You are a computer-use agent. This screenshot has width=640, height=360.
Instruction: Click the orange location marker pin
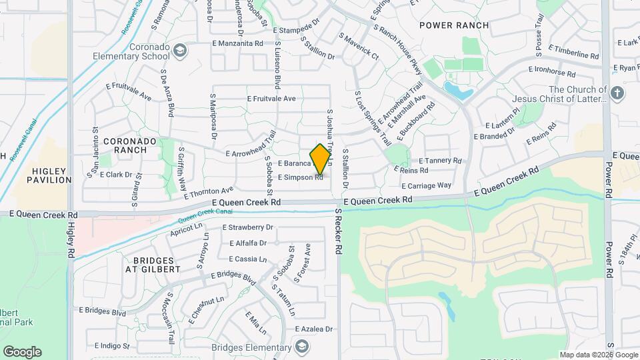(x=320, y=159)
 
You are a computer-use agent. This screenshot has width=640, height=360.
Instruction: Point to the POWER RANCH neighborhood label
(x=454, y=25)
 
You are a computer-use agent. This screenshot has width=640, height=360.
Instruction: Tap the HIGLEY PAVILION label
(x=49, y=175)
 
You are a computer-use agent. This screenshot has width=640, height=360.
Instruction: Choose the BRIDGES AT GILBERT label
(x=153, y=264)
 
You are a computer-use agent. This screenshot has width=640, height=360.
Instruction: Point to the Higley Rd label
(x=71, y=240)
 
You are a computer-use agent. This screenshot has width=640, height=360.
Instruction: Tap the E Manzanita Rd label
(x=237, y=43)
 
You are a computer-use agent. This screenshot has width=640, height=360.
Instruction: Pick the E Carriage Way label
(x=427, y=185)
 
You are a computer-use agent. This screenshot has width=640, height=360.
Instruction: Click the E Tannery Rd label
(x=440, y=161)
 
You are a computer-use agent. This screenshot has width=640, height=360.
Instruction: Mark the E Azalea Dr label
(x=309, y=329)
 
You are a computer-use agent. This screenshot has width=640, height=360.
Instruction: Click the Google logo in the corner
(x=22, y=351)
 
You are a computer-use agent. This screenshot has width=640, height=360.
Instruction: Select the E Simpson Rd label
(x=301, y=177)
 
